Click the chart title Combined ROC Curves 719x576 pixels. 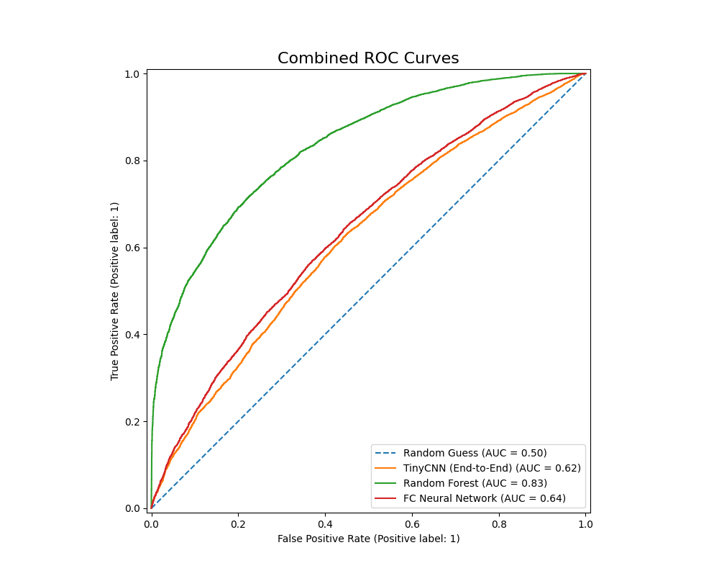[x=368, y=58]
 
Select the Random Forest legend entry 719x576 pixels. [x=475, y=483]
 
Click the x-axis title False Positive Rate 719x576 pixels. [x=368, y=539]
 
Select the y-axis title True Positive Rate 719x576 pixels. [x=114, y=292]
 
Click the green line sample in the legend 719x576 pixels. [x=386, y=483]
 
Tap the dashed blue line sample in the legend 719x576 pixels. [x=386, y=453]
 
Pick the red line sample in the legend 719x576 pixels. [x=386, y=498]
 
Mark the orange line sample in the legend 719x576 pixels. [x=386, y=468]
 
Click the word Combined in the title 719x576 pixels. [x=311, y=58]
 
